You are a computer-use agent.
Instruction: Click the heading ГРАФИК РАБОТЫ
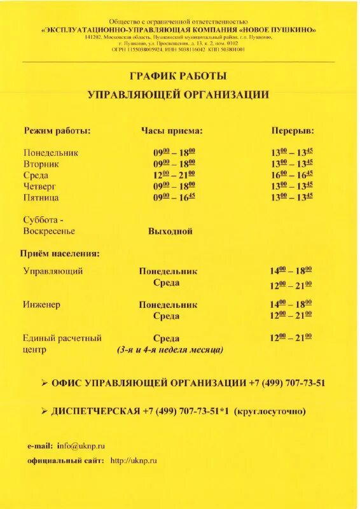click(177, 76)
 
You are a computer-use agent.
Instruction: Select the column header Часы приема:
click(172, 130)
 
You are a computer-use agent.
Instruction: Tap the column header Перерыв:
click(293, 130)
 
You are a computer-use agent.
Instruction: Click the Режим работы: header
click(57, 130)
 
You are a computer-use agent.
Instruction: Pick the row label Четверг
click(41, 186)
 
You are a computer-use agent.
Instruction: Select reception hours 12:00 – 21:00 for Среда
click(174, 174)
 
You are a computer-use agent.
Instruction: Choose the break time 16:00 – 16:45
click(292, 174)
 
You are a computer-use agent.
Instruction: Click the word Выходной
click(170, 231)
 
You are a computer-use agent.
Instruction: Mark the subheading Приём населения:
click(60, 253)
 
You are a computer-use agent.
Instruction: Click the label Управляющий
click(53, 271)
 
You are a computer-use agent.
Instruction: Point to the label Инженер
click(41, 305)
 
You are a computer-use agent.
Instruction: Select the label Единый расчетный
click(62, 338)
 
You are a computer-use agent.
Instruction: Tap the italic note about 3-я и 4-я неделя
click(170, 350)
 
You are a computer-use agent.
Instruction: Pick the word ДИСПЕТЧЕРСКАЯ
click(95, 411)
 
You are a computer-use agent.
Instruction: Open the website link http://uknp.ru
click(134, 460)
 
